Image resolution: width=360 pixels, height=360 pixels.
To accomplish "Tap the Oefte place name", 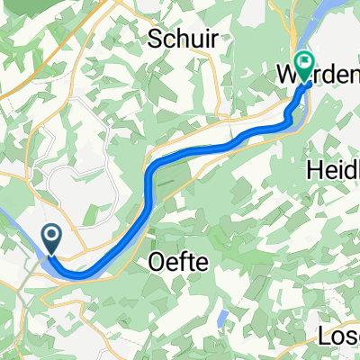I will click(x=176, y=263).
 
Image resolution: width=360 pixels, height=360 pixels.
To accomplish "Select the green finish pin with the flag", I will click(x=304, y=66).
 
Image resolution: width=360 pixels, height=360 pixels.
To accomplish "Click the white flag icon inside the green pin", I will click(x=304, y=63).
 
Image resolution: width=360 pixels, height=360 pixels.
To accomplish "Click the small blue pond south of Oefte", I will click(x=220, y=317).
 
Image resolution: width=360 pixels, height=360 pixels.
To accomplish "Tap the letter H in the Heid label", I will click(x=315, y=169).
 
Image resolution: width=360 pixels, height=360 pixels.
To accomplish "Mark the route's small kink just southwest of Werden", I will click(x=290, y=120).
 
